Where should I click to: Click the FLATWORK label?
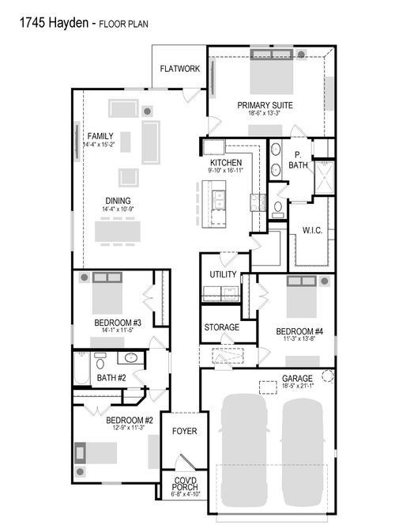click(179, 69)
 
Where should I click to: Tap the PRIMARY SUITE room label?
click(265, 105)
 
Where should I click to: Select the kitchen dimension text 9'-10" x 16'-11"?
click(226, 170)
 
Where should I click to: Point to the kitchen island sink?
click(218, 199)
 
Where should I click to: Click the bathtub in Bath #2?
click(81, 368)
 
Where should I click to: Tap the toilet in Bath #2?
click(100, 361)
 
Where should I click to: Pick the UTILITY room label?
click(223, 274)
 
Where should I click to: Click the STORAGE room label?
click(222, 327)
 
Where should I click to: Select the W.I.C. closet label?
click(312, 230)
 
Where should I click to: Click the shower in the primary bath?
click(324, 177)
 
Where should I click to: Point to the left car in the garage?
click(244, 451)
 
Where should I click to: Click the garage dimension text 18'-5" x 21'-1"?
click(297, 386)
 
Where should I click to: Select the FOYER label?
click(184, 431)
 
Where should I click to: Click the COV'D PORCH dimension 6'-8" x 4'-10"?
click(186, 494)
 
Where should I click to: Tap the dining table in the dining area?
click(118, 232)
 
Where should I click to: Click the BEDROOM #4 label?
click(299, 331)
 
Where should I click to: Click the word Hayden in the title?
click(69, 23)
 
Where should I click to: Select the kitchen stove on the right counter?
click(258, 202)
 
